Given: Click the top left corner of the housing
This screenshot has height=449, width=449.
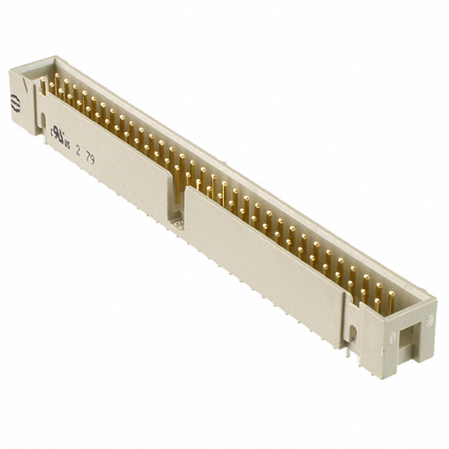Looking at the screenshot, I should pos(11,69).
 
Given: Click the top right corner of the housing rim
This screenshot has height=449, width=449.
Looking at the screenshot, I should pos(435,297).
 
